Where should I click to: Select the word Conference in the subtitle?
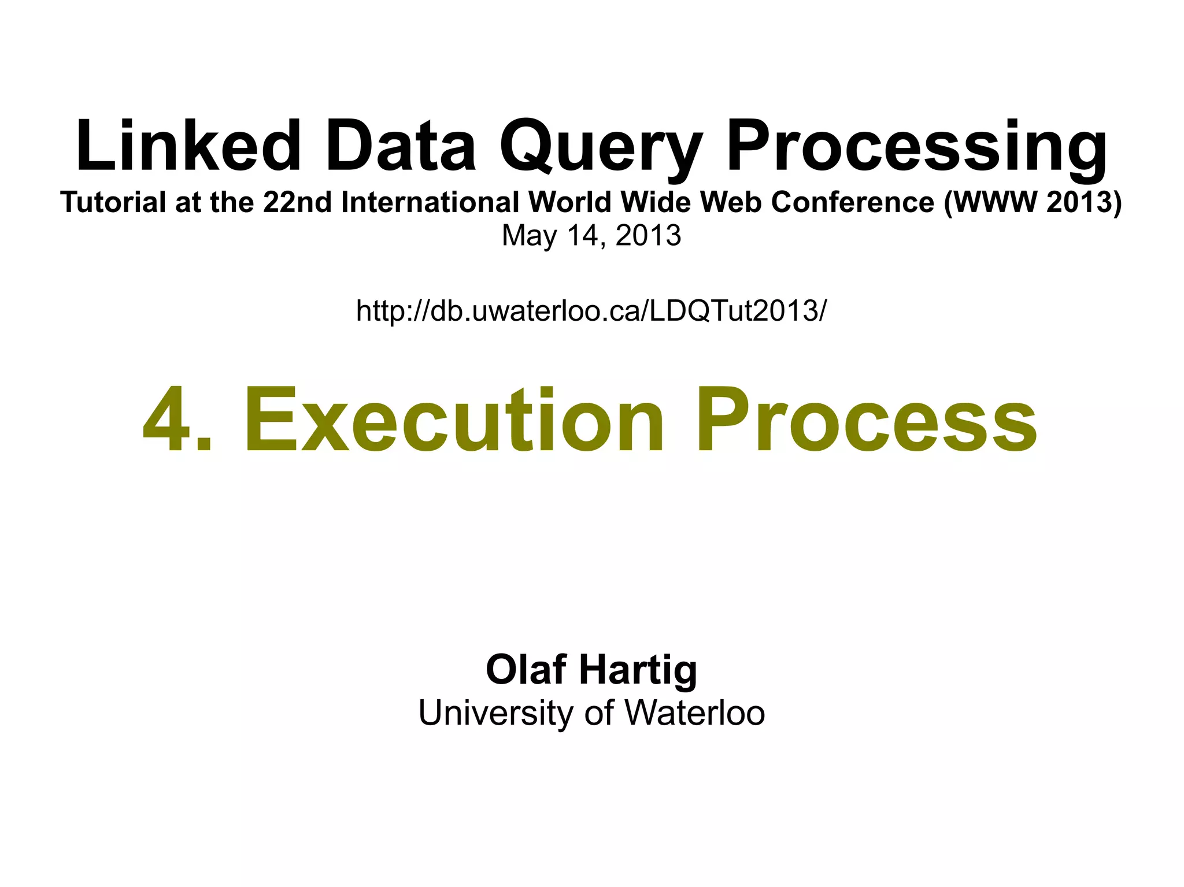(853, 202)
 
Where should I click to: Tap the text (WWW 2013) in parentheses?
(1033, 202)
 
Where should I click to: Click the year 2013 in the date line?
(648, 236)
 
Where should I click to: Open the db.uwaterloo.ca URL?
(591, 311)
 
